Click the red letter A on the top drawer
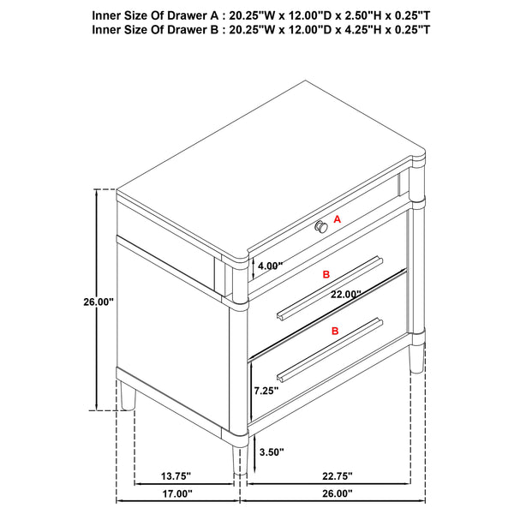pos(338,220)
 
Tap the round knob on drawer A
pos(321,226)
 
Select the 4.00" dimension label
pos(269,266)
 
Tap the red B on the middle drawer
pos(326,275)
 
